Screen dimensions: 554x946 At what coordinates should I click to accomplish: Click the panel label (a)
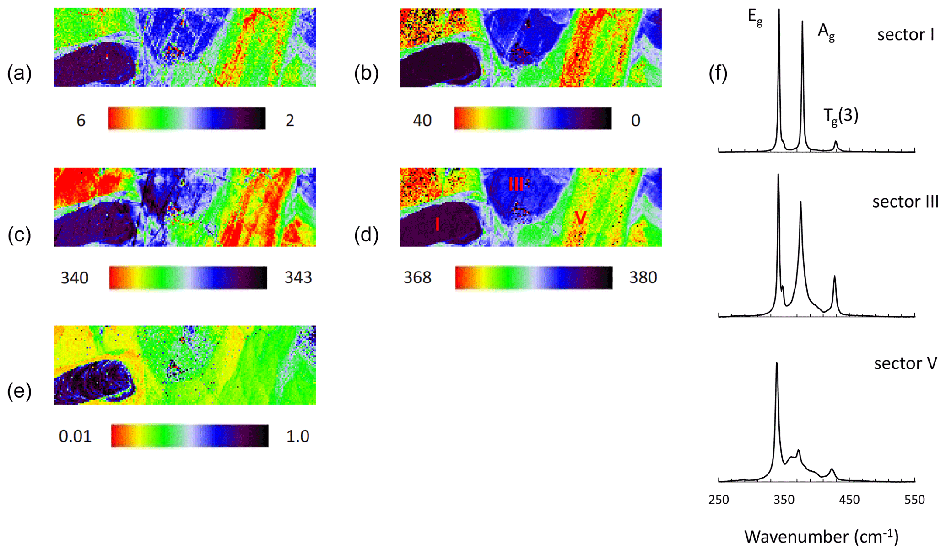point(19,73)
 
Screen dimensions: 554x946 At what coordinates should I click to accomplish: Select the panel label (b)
point(366,73)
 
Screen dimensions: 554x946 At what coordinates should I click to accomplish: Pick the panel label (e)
point(19,392)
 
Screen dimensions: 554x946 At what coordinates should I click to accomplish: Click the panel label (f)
point(718,73)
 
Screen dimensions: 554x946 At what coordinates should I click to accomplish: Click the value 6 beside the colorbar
point(81,120)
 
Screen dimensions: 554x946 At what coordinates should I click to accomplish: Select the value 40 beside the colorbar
point(422,120)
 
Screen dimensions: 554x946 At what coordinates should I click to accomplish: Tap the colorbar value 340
point(75,277)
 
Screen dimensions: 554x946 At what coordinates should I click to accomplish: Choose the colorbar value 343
point(298,277)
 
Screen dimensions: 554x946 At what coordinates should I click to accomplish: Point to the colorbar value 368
point(417,277)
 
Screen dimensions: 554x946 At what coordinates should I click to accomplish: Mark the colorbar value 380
point(643,277)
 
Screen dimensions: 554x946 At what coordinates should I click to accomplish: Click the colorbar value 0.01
point(75,437)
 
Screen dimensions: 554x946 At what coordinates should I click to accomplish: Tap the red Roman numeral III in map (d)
point(516,184)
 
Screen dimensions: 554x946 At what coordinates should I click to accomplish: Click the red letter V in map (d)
point(580,218)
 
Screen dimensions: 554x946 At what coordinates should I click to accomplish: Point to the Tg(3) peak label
point(841,116)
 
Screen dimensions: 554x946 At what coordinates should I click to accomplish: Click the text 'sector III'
point(905,202)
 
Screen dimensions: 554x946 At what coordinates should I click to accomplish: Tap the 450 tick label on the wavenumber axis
point(849,500)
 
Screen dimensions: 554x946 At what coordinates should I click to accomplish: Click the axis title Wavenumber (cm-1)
point(821,536)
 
